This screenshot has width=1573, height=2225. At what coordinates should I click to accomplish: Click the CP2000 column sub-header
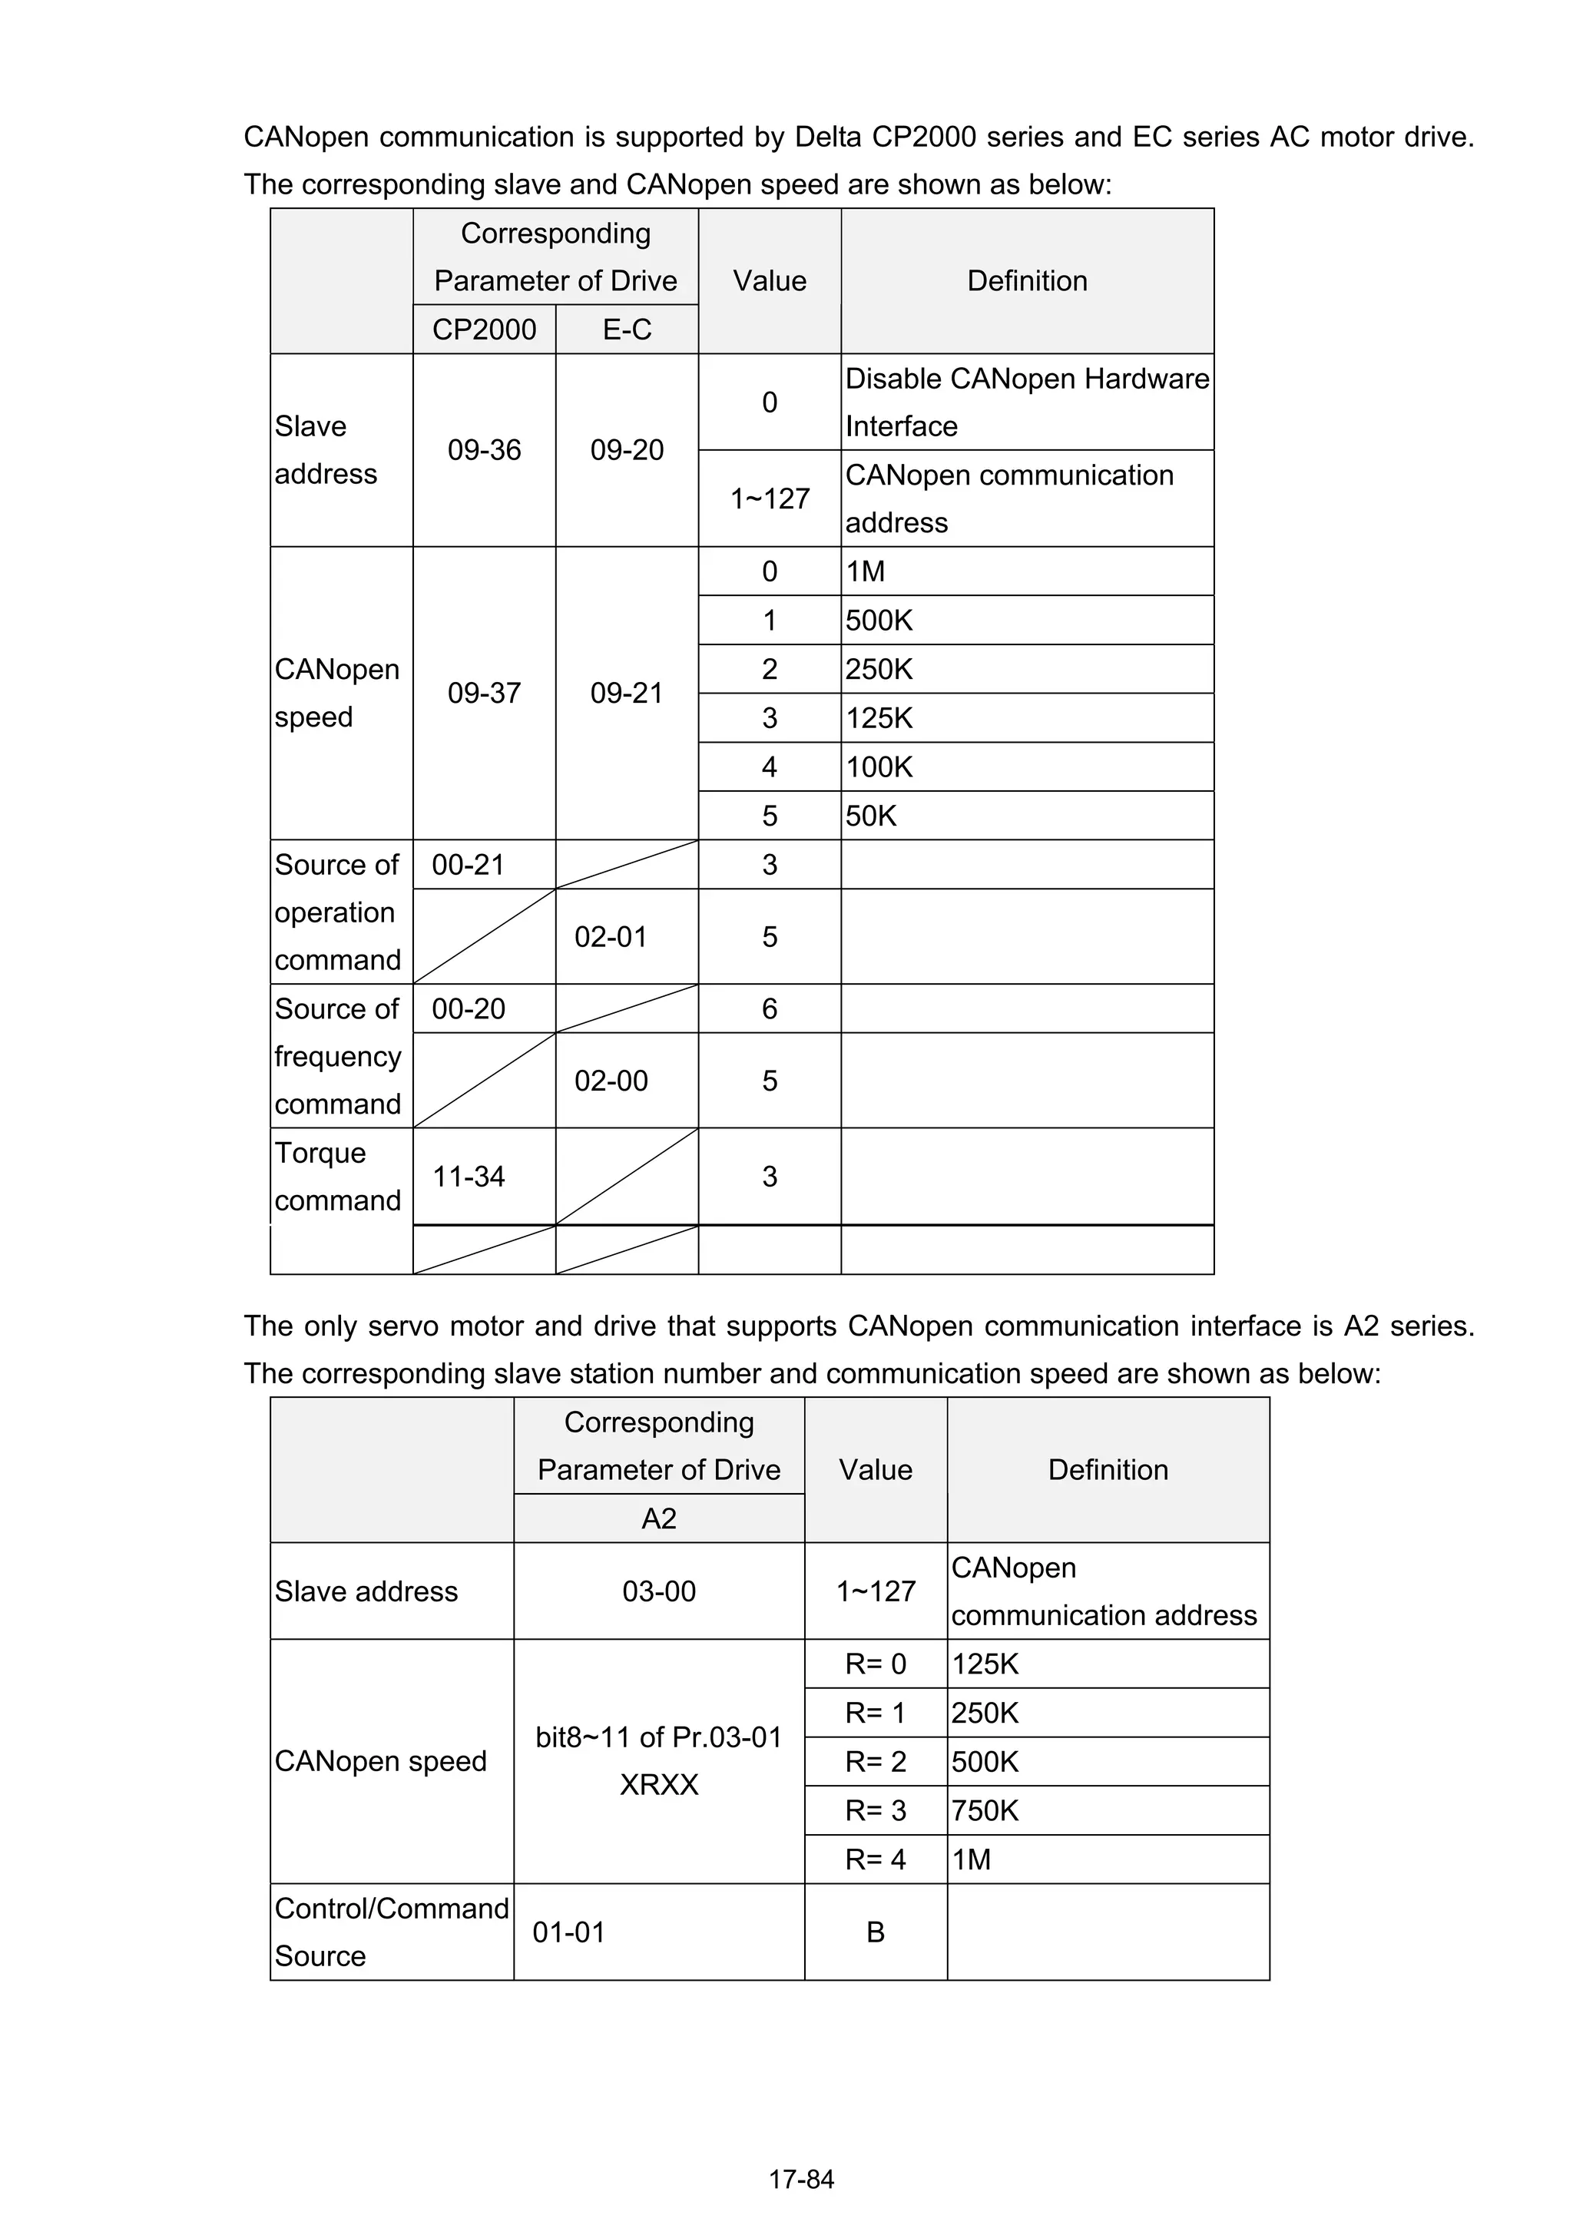point(484,329)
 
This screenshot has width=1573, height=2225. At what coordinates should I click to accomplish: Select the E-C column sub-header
point(627,329)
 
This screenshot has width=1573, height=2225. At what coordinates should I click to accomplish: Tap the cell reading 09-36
point(484,449)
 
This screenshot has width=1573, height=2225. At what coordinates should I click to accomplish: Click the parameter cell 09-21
point(627,693)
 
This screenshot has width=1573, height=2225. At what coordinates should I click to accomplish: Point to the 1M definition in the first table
point(866,571)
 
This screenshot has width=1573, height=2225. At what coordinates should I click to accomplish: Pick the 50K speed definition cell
point(871,816)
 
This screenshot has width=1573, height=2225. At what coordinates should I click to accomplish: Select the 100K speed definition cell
point(879,767)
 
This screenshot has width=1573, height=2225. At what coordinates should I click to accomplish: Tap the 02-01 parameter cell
point(611,937)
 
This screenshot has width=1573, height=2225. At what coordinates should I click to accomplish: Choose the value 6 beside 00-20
point(770,1008)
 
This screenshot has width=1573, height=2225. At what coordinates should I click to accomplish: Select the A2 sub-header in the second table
point(659,1518)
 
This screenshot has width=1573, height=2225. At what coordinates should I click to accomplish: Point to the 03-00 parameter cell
point(659,1591)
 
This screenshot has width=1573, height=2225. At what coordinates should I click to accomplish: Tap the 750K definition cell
point(985,1810)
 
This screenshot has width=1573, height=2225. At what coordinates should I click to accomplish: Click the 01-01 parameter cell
point(569,1932)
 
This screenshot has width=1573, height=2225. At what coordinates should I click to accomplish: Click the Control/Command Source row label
point(391,1932)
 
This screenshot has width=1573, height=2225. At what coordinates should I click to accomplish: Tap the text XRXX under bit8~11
point(659,1785)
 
